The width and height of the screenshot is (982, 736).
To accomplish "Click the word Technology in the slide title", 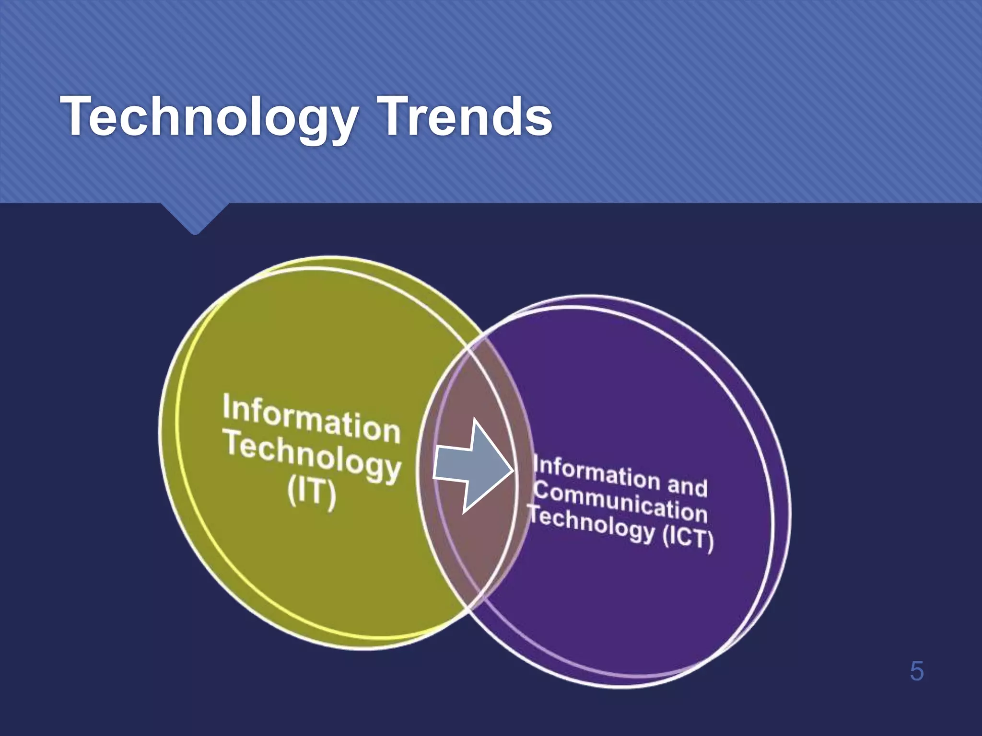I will pyautogui.click(x=209, y=117).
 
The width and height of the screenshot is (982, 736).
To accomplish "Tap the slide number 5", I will pyautogui.click(x=916, y=671).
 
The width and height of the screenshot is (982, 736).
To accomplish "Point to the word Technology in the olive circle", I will pyautogui.click(x=313, y=456).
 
